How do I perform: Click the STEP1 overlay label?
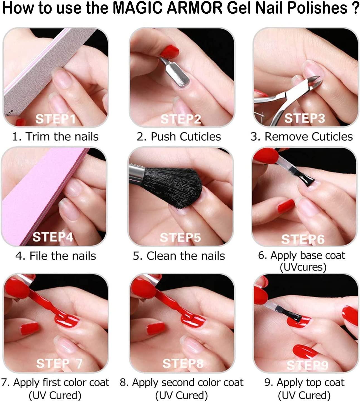point(55,119)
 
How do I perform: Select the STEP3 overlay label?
point(305,118)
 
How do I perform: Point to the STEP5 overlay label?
point(180,238)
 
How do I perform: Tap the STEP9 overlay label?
point(307,365)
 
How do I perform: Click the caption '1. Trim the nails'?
point(55,137)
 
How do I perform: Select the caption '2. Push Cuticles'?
point(179,137)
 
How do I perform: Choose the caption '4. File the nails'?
point(55,256)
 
